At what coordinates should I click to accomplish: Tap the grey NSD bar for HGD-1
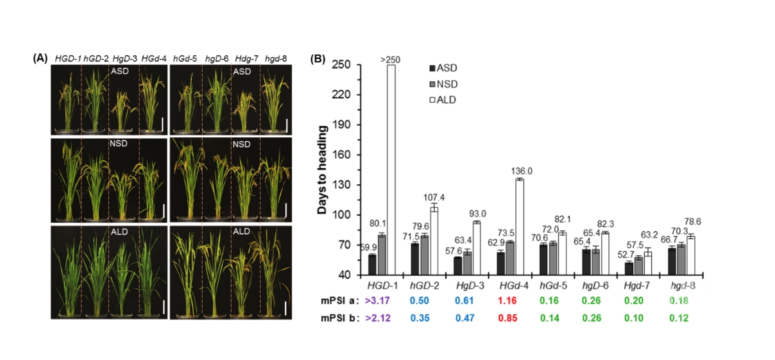[381, 254]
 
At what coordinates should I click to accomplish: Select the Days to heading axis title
[322, 169]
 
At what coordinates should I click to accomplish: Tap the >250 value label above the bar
[391, 60]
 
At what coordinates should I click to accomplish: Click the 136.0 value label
[520, 171]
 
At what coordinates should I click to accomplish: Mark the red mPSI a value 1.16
[511, 300]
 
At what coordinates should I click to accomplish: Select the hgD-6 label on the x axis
[596, 284]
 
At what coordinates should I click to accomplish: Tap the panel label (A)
[40, 58]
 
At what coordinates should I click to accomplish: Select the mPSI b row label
[337, 316]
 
